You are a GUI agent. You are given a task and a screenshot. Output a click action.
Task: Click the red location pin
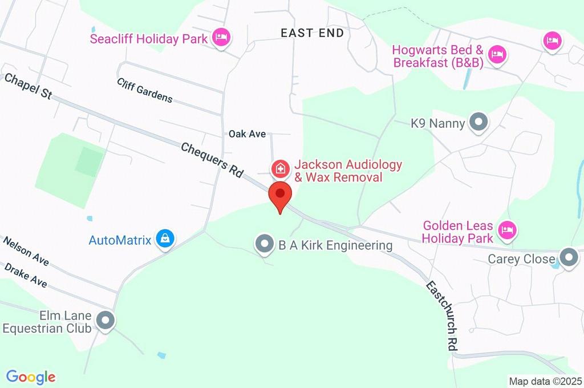[280, 196]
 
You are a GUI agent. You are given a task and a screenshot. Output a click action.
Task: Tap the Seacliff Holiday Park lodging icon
[221, 38]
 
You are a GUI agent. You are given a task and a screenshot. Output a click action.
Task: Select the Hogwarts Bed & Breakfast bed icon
[498, 55]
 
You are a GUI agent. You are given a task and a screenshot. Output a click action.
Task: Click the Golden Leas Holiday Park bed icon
[506, 231]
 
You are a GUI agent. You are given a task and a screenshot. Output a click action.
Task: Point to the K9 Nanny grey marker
[478, 122]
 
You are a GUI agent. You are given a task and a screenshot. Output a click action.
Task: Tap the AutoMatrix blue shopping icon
[165, 239]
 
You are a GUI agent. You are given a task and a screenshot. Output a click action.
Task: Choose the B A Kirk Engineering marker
[264, 245]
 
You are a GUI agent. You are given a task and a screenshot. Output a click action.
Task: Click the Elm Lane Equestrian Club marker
[105, 321]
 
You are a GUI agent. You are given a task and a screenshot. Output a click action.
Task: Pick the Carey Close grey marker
[568, 258]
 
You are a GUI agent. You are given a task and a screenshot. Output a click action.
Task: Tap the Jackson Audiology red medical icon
[279, 169]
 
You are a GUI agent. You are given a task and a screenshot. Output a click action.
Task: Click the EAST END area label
[313, 33]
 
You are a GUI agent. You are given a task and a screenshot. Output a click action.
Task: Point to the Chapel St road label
[28, 86]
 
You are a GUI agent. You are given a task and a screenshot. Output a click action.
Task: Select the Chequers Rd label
[212, 160]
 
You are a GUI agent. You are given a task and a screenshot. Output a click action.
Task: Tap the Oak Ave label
[247, 134]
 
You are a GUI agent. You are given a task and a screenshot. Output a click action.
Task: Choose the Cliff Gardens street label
[145, 90]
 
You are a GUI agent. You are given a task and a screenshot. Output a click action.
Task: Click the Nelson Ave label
[26, 251]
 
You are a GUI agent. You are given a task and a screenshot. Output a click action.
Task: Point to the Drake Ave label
[26, 274]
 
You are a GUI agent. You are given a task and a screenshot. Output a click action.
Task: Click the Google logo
[31, 377]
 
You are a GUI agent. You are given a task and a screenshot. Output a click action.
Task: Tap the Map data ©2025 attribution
[545, 381]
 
